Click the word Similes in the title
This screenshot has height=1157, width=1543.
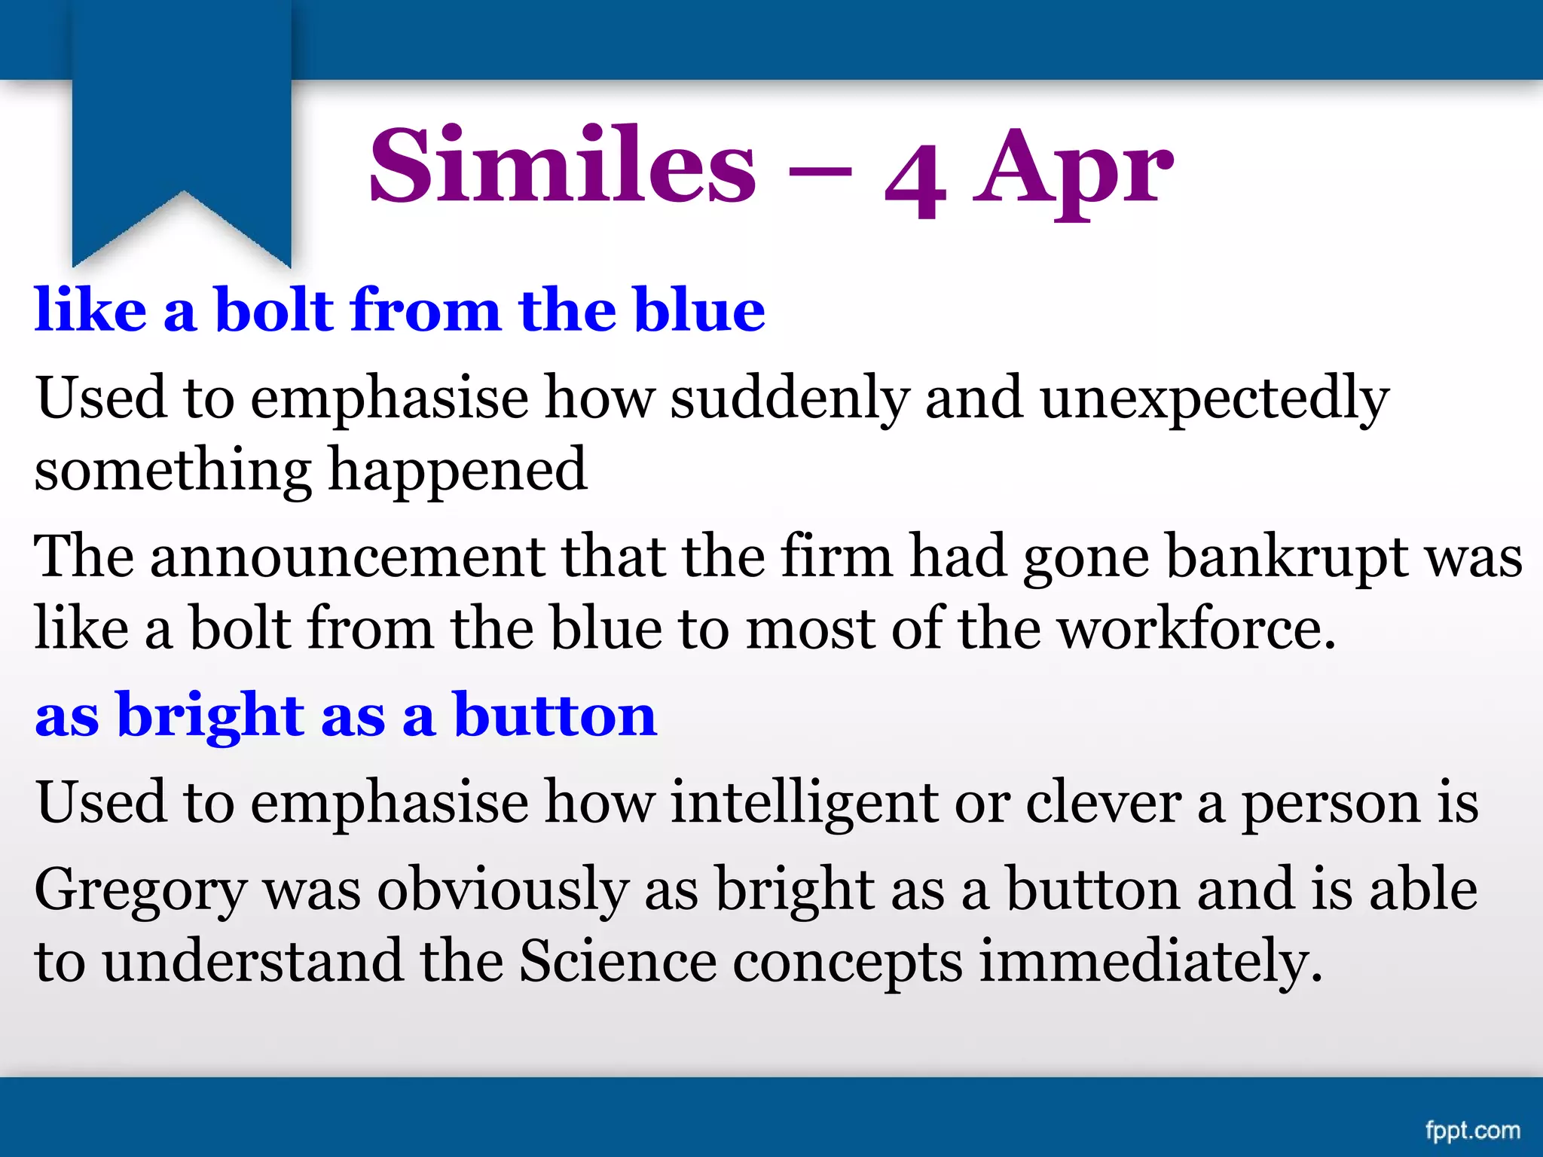(x=562, y=166)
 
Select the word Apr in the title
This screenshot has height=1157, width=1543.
(x=1073, y=169)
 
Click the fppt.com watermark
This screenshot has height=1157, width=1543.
(x=1472, y=1131)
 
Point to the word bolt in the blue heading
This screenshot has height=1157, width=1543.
(x=274, y=310)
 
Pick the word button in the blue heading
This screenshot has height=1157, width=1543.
(x=555, y=715)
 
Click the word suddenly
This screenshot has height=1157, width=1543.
(x=790, y=398)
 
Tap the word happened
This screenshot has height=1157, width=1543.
(x=458, y=472)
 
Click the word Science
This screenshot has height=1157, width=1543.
(x=617, y=961)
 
